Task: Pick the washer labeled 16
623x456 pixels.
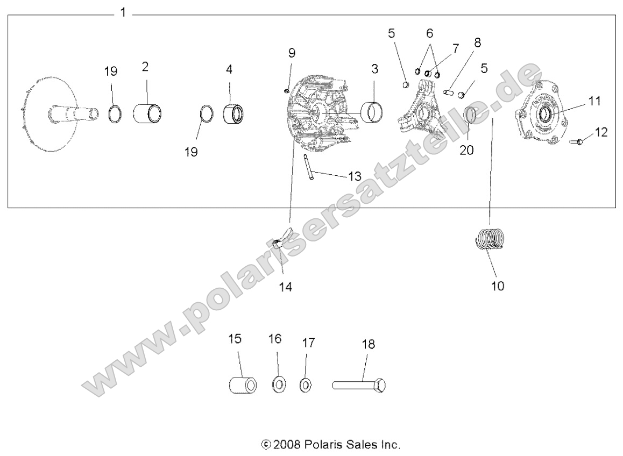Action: (278, 385)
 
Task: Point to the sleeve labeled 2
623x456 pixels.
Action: (147, 113)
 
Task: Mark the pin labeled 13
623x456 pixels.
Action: (308, 168)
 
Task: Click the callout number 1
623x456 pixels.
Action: (123, 12)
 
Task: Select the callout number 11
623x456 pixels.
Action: (594, 101)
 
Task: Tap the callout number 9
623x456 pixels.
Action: (292, 53)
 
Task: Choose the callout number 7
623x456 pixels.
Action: (455, 48)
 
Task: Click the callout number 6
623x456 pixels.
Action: (429, 33)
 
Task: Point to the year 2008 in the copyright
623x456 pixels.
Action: (288, 445)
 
